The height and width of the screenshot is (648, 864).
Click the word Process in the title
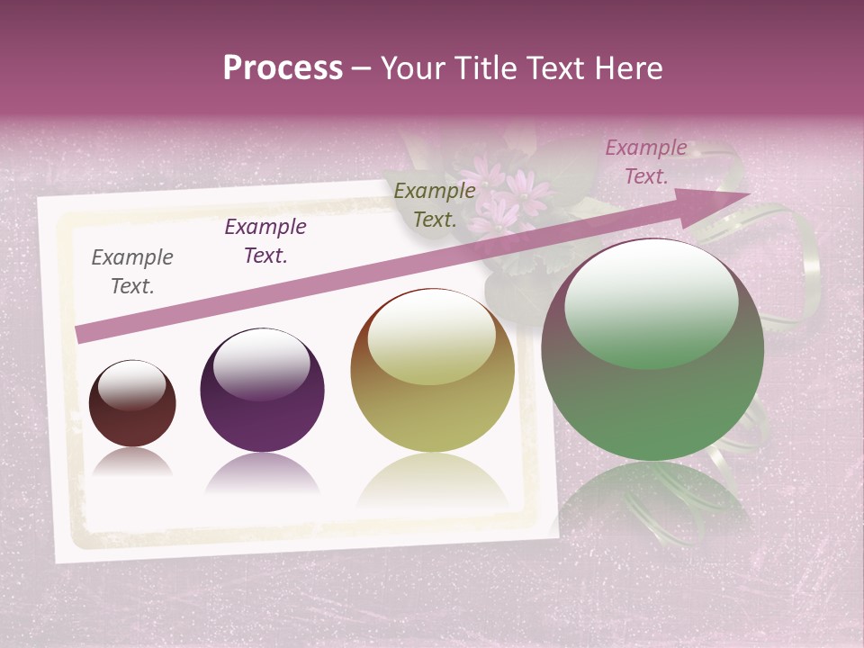[283, 68]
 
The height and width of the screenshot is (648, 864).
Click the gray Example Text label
[132, 272]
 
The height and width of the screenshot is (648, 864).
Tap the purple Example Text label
[265, 241]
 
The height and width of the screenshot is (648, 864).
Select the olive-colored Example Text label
[435, 204]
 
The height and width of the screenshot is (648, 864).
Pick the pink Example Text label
[646, 162]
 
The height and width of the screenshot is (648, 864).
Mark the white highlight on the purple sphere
[262, 362]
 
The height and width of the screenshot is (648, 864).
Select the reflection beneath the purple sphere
[262, 475]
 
